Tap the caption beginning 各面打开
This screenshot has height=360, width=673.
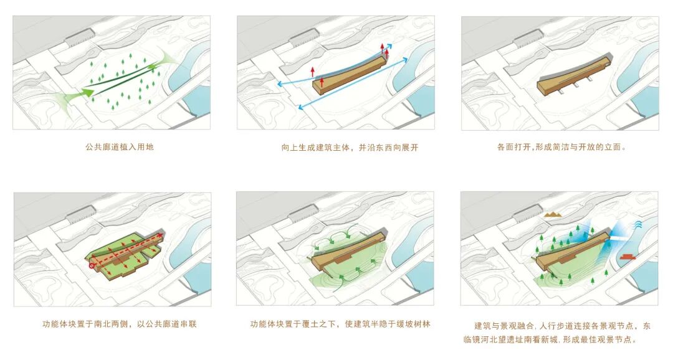pyautogui.click(x=561, y=148)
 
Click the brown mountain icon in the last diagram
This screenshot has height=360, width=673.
pyautogui.click(x=553, y=214)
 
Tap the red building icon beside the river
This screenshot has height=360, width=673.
pyautogui.click(x=628, y=256)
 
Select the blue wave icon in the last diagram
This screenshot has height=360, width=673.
pyautogui.click(x=639, y=224)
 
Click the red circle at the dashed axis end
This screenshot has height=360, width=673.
pyautogui.click(x=92, y=265)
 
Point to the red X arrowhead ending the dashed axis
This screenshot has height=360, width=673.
pyautogui.click(x=163, y=235)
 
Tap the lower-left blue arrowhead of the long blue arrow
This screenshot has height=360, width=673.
pyautogui.click(x=300, y=108)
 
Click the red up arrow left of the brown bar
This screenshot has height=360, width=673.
pyautogui.click(x=313, y=70)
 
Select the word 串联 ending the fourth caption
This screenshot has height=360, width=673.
pyautogui.click(x=188, y=324)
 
